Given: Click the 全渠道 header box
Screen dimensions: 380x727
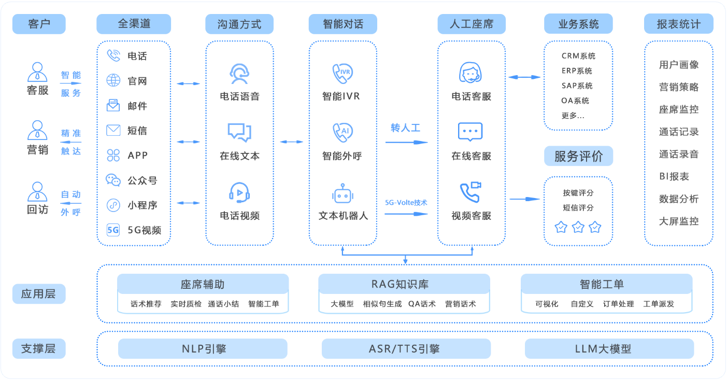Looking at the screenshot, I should click(x=134, y=24).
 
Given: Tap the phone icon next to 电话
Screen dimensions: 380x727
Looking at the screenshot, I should click(x=113, y=55).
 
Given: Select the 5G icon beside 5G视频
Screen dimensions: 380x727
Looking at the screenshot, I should click(x=113, y=230).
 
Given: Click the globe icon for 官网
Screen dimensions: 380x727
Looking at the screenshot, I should click(x=113, y=80).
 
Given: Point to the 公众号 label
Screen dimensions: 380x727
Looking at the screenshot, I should click(x=142, y=180).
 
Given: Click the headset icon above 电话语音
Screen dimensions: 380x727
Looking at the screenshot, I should click(x=239, y=73).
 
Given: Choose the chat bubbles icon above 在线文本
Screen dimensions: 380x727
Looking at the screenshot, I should click(x=239, y=132).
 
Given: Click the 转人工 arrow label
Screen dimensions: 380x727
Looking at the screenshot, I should click(x=405, y=128).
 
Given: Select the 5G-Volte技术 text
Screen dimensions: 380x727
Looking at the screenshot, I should click(x=406, y=203).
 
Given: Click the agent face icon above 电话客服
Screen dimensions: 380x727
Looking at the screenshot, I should click(x=471, y=73).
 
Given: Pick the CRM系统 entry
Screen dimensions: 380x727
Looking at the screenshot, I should click(x=578, y=56).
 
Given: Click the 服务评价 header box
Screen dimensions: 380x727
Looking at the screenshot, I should click(x=578, y=156).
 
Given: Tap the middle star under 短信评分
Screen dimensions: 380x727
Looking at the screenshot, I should click(x=578, y=227).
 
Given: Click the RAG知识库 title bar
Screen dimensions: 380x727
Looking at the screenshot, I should click(x=404, y=284).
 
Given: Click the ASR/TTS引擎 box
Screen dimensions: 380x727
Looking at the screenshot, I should click(x=406, y=349).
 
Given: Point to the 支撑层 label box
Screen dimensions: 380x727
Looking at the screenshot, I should click(x=38, y=348).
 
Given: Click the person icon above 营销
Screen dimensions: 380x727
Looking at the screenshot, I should click(x=37, y=130).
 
